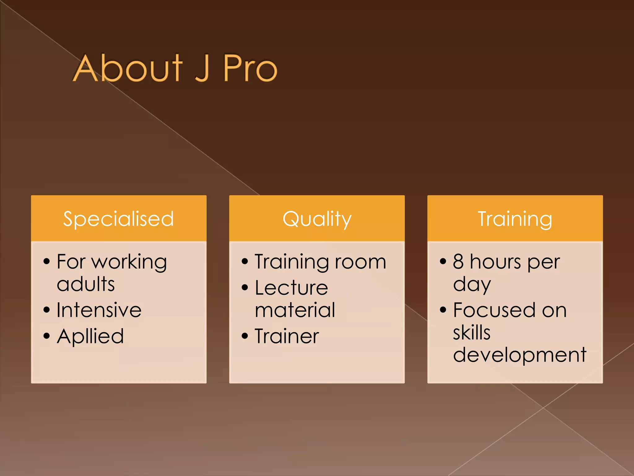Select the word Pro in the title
pos(250,69)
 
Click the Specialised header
pos(119,219)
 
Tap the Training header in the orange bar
pos(515,219)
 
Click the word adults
pos(86,284)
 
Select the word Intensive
pos(99,310)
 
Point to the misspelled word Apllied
pos(90,337)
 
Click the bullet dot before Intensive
pos(47,310)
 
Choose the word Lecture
pos(291,288)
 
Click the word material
pos(295,310)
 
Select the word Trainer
pos(287,336)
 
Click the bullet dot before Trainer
pos(245,336)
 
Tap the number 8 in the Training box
pos(458,262)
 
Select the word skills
pos(472,333)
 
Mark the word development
pos(519,355)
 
